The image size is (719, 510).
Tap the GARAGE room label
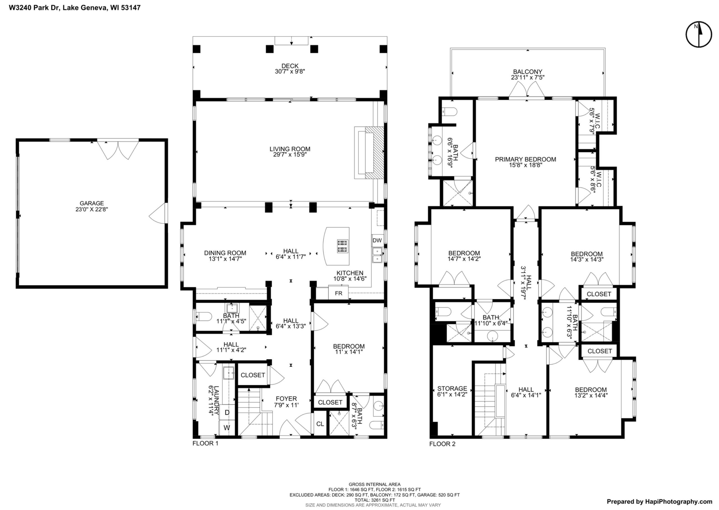coord(92,203)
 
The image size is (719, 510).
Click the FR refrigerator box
coord(338,293)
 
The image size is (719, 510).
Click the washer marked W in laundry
coord(226,428)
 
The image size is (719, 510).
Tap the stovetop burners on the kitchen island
coord(342,246)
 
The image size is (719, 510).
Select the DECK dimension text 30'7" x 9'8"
coord(290,71)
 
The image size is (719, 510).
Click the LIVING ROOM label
coord(290,149)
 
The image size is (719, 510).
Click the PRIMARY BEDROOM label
coord(525,160)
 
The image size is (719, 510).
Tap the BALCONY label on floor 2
coord(528,72)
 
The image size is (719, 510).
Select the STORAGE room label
coord(452,388)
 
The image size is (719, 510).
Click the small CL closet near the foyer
coord(320,424)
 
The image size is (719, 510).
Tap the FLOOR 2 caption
coord(442,444)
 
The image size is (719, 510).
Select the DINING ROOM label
coord(225,253)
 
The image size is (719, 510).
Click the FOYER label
coord(286,399)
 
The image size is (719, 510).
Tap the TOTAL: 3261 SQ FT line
coord(374,500)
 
